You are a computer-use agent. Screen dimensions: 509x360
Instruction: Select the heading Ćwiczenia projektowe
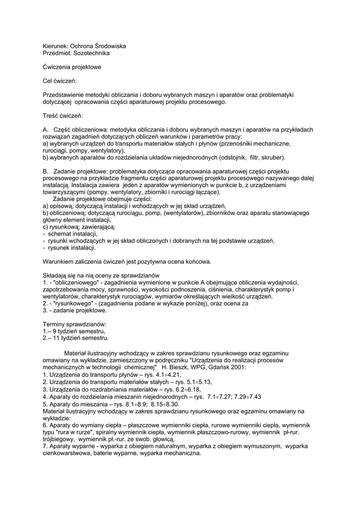[72, 67]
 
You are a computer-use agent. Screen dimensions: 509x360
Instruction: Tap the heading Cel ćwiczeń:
[60, 81]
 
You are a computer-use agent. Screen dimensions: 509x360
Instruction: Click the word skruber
[274, 158]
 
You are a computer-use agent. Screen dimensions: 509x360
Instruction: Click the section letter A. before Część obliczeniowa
[46, 130]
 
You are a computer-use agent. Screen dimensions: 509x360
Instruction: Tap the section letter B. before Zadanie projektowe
[46, 171]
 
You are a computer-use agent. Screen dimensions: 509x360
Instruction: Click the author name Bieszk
[180, 368]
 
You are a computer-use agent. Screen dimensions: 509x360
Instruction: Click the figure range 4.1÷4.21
[166, 375]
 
